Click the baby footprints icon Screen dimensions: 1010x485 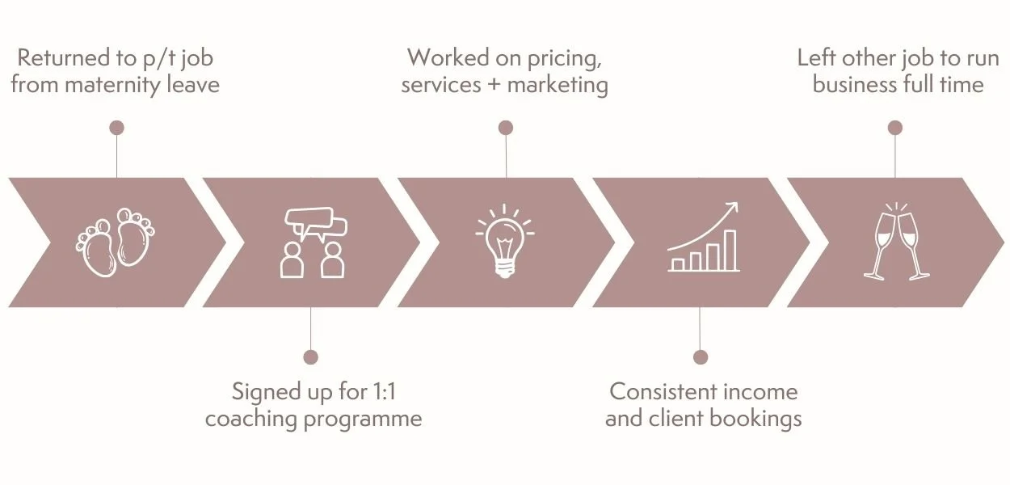[x=116, y=242]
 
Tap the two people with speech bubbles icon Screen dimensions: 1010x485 [x=314, y=242]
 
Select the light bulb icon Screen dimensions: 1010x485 [x=506, y=241]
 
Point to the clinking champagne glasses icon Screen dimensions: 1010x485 [x=896, y=241]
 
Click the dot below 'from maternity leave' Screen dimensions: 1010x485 [x=116, y=128]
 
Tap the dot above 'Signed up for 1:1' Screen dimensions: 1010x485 [x=310, y=356]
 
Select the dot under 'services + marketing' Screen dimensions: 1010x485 [x=506, y=128]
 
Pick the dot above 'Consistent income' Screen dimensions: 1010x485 [x=701, y=356]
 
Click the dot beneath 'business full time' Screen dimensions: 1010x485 [x=894, y=128]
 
